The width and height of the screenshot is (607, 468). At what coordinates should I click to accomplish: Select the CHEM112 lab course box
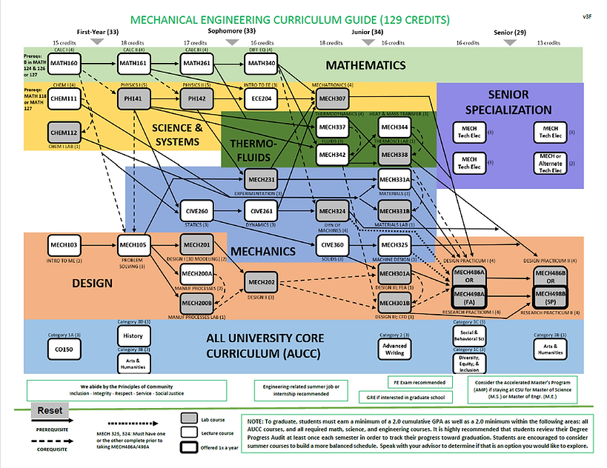point(64,133)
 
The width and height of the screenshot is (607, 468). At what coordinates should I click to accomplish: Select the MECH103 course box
point(64,244)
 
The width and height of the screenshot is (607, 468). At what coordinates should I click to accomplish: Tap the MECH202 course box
point(261,282)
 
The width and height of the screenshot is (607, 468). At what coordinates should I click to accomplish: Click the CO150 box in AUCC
point(64,348)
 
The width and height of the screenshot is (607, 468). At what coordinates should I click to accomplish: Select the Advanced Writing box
point(394,350)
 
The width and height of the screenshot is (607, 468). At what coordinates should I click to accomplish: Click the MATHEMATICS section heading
point(365,65)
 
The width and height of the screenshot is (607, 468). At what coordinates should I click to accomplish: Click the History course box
point(133,335)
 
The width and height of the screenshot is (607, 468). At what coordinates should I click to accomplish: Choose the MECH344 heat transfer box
point(394,128)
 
